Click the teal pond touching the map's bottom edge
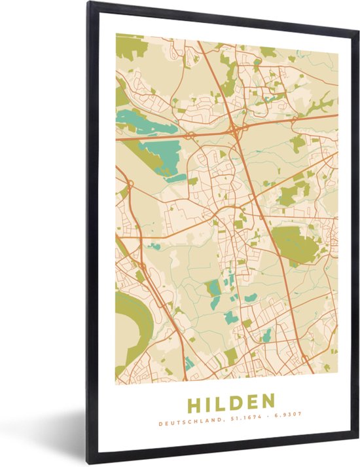[189, 364]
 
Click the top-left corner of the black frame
[91, 3]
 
